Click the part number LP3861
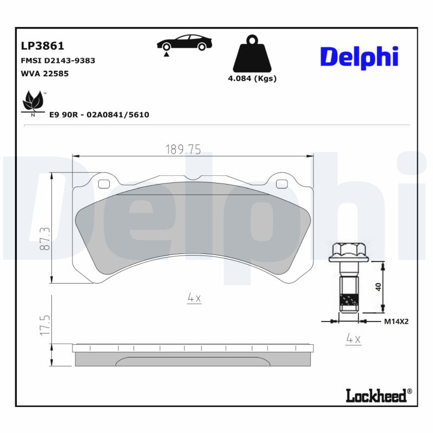[x=42, y=47]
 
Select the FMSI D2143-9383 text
[x=57, y=61]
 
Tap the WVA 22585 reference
[x=44, y=74]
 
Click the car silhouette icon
[x=185, y=43]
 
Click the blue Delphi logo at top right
[x=359, y=57]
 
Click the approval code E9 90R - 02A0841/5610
[x=99, y=115]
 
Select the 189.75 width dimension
[x=182, y=150]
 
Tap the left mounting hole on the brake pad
[x=103, y=183]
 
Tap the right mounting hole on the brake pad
[x=281, y=184]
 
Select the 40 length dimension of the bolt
[x=378, y=286]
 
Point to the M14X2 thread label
[x=396, y=322]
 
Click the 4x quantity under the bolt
[x=353, y=339]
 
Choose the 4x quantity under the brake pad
[x=194, y=297]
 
